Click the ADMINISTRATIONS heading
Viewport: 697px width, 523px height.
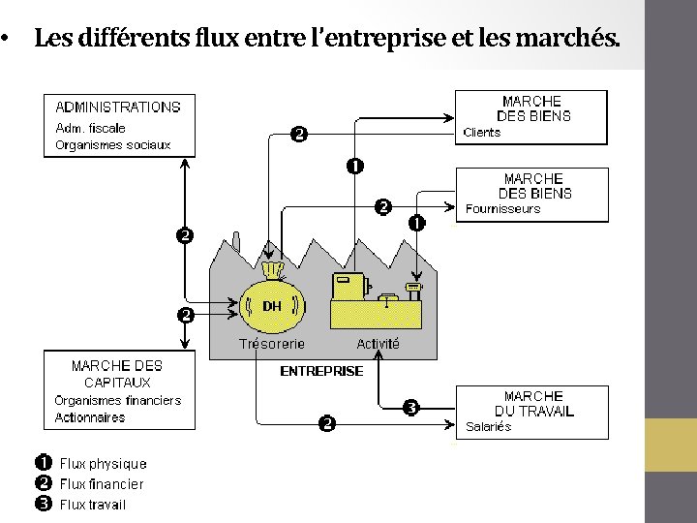click(117, 108)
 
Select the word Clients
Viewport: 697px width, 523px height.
click(482, 133)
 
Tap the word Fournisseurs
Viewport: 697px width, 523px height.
click(502, 209)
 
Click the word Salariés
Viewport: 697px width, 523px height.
click(488, 427)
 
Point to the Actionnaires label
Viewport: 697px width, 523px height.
click(90, 417)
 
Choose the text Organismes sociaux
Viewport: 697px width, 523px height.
click(112, 144)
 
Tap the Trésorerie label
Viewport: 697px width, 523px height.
click(272, 344)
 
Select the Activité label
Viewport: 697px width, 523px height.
click(378, 344)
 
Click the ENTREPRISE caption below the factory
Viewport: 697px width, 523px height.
click(321, 371)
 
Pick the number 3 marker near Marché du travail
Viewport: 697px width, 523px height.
click(410, 408)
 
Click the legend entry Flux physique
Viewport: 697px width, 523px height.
click(103, 464)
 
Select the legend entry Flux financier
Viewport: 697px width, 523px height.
click(101, 483)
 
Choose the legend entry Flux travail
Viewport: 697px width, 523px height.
click(92, 504)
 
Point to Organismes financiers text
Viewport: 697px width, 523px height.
click(117, 400)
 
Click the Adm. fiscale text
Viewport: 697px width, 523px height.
click(90, 127)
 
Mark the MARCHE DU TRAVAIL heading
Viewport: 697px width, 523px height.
click(533, 403)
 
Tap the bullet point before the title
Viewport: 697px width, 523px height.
click(7, 41)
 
